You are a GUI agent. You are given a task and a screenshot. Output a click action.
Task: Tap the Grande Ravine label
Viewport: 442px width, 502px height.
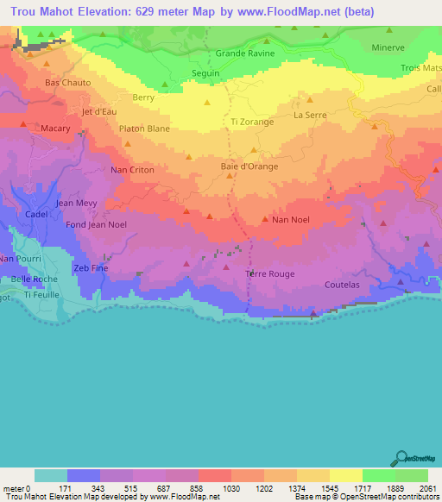245,53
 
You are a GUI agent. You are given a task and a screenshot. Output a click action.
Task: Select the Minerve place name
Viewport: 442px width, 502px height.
388,47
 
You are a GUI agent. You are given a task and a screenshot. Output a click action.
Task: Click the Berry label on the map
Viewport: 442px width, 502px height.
143,99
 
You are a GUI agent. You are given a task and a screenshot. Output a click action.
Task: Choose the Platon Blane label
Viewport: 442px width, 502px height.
144,129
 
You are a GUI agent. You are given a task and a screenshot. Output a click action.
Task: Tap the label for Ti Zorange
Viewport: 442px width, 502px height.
252,122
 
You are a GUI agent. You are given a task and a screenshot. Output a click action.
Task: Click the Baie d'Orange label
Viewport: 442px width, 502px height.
249,166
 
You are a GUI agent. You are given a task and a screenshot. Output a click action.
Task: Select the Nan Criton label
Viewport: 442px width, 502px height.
131,170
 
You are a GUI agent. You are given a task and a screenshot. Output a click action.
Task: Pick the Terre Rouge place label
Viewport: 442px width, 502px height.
269,274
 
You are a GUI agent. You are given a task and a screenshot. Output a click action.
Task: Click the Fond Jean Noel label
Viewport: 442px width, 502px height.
73,225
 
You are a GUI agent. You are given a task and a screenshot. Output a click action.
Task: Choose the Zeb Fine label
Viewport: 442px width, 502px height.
90,268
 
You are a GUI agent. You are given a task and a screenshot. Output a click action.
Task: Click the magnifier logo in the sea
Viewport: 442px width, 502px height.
401,459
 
